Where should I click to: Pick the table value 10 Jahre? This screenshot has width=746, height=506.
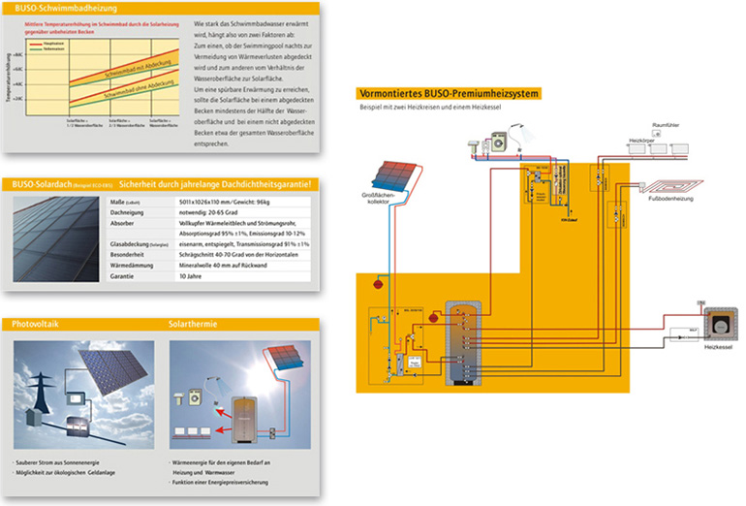(x=192, y=275)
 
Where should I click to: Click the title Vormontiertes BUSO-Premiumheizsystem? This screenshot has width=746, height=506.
(x=448, y=92)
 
